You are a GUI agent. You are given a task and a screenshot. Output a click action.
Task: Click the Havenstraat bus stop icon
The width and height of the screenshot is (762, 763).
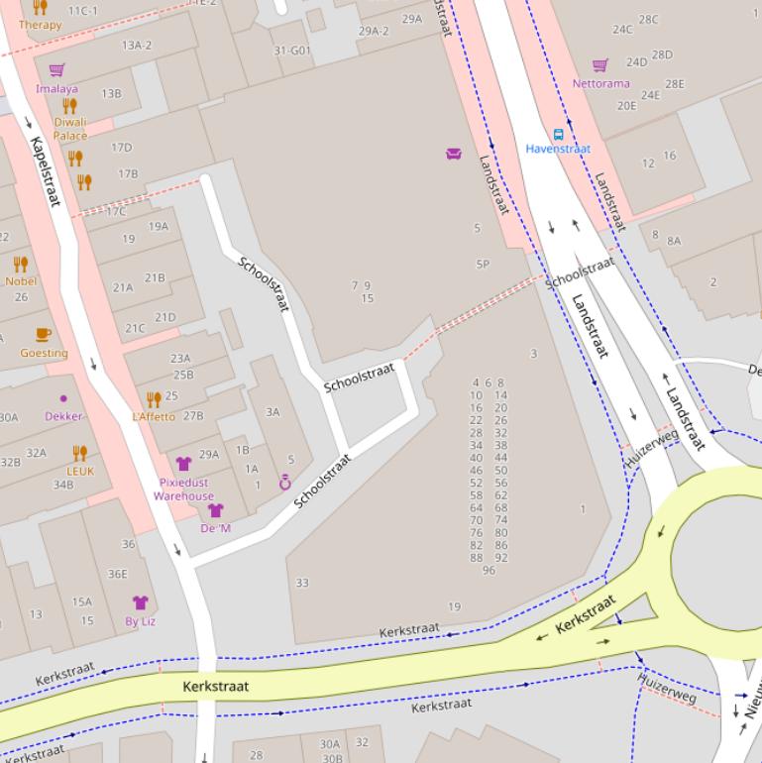[x=558, y=134]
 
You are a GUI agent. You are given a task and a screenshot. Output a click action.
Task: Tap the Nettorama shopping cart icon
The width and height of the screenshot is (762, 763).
[x=599, y=66]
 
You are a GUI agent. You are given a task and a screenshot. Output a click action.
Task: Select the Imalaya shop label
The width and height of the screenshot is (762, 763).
[x=56, y=88]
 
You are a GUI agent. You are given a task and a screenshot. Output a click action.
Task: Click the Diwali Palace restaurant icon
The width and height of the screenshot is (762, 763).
[x=69, y=106]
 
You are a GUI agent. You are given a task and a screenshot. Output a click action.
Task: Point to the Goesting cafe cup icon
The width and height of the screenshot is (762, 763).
[x=43, y=335]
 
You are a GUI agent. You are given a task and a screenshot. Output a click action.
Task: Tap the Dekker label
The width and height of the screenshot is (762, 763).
[x=63, y=416]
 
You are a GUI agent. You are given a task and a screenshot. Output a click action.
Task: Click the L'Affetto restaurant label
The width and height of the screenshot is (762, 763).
[x=153, y=417]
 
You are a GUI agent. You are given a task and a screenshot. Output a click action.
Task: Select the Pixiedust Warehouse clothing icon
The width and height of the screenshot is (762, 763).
[x=183, y=463]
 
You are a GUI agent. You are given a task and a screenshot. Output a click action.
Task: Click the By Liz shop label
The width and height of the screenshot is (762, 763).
[x=140, y=621]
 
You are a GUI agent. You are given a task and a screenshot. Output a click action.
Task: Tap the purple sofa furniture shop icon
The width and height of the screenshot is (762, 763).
[x=454, y=153]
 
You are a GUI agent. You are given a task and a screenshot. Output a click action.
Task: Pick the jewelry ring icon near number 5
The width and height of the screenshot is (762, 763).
[x=285, y=483]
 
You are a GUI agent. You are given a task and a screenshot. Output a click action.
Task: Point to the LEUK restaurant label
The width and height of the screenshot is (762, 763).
[x=79, y=471]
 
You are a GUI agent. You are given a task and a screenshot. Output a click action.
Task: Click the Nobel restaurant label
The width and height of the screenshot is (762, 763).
[x=21, y=280]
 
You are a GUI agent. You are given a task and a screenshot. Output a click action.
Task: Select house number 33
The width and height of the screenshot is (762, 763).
[x=302, y=583]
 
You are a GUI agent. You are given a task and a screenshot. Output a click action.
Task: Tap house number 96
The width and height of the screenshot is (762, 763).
[x=489, y=571]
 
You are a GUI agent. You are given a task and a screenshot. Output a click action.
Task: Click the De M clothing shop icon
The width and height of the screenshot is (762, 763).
[x=215, y=510]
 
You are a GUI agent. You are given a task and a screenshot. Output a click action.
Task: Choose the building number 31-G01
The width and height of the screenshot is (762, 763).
[x=292, y=51]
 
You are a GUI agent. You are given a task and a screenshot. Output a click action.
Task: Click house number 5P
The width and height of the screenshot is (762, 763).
[x=483, y=265]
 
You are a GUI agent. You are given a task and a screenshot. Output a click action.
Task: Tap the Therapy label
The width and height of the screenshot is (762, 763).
[x=40, y=25]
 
